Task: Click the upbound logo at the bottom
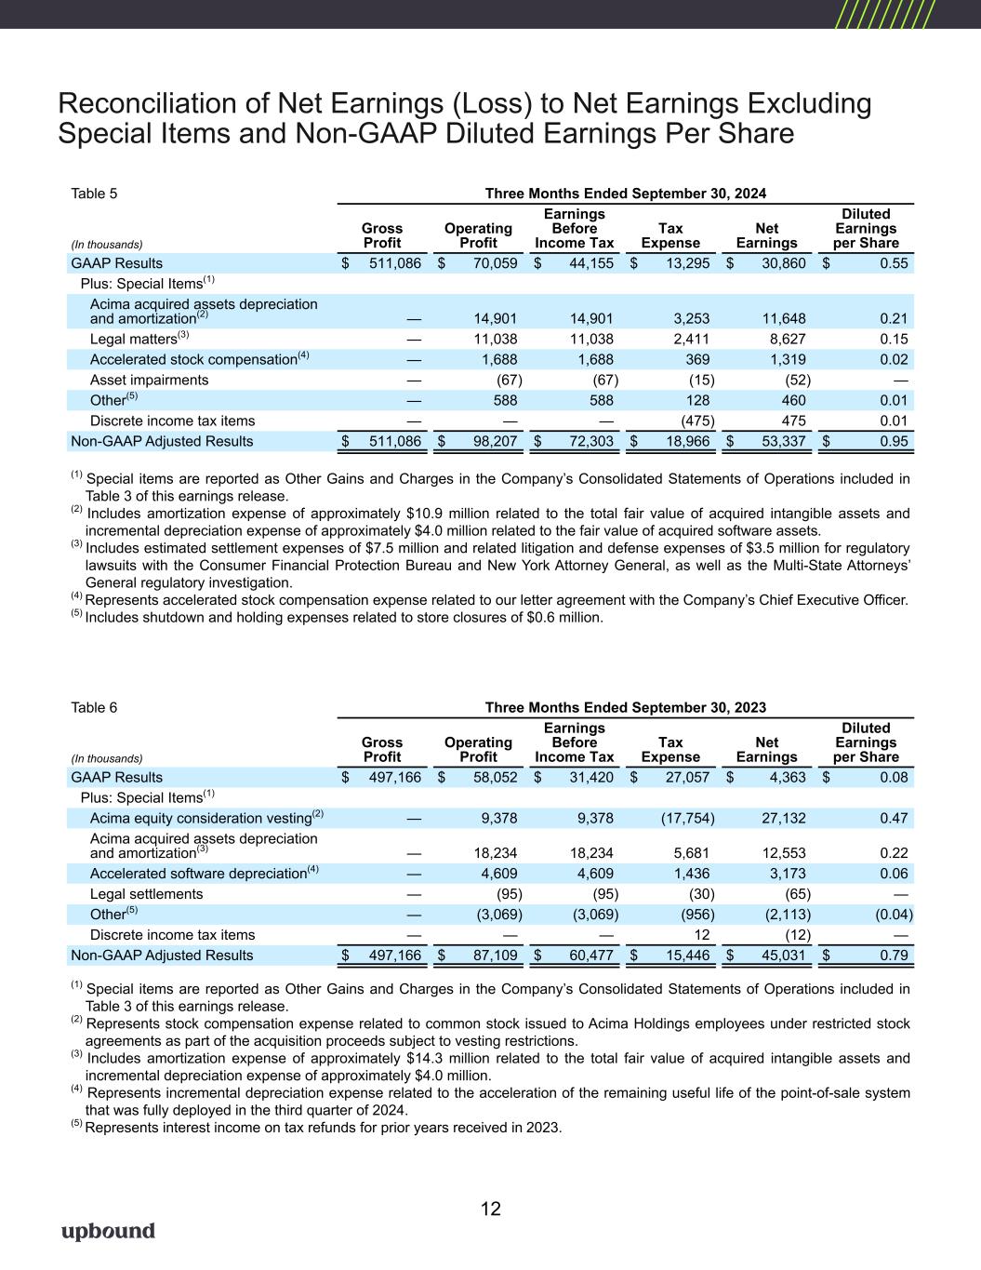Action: point(108,1232)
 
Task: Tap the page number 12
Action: point(490,1209)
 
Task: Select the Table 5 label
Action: point(94,194)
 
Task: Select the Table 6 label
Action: point(94,707)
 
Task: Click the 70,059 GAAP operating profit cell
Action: point(495,263)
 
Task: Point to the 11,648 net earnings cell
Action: point(784,318)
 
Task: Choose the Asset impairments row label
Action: point(149,380)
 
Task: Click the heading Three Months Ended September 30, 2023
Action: point(626,707)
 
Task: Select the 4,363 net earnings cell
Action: point(787,777)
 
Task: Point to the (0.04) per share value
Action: point(894,914)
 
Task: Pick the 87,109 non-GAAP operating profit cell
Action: point(495,956)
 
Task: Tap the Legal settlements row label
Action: point(146,894)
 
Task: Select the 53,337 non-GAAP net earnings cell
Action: point(784,441)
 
